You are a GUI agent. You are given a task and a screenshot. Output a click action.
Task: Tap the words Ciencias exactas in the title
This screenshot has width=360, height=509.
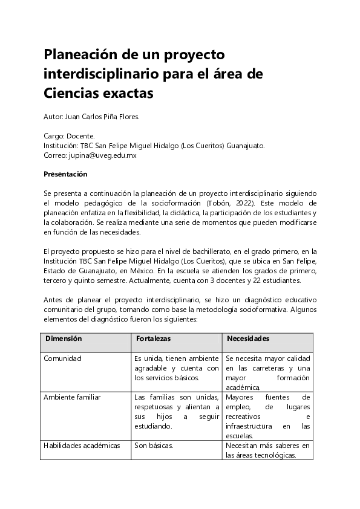click(99, 94)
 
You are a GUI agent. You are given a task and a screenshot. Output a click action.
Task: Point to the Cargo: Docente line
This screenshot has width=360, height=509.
click(69, 137)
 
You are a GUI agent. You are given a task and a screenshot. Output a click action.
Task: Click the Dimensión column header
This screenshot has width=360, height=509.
click(64, 339)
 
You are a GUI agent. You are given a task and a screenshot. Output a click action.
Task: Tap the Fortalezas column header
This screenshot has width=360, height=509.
click(153, 339)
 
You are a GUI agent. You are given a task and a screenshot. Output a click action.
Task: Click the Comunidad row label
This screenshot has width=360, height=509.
click(62, 358)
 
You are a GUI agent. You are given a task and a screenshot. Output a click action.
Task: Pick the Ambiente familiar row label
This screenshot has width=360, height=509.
click(72, 397)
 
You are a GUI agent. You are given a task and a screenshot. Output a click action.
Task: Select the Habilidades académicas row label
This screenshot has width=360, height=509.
click(82, 446)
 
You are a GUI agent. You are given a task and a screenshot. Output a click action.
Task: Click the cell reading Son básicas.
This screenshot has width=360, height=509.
click(154, 446)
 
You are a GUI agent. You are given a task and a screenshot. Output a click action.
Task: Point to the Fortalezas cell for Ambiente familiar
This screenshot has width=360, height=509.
click(177, 412)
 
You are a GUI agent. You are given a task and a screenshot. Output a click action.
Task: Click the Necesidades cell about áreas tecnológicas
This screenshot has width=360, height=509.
click(267, 450)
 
